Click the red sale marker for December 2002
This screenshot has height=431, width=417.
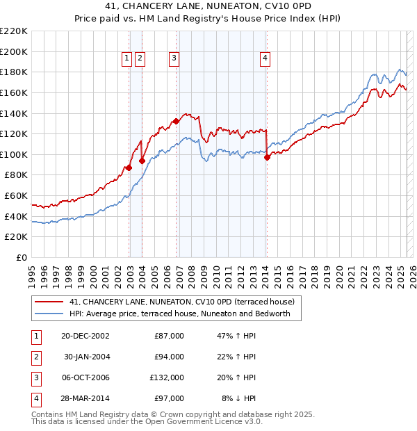pos(129,168)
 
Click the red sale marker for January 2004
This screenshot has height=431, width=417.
pos(142,161)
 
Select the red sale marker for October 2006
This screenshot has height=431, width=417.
pos(176,121)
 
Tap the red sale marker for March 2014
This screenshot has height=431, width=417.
pos(267,157)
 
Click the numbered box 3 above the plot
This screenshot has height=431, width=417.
pos(174,59)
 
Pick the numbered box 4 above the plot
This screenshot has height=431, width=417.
pos(265,59)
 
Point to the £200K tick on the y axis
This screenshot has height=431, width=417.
pos(15,51)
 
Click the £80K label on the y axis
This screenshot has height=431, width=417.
pos(17,175)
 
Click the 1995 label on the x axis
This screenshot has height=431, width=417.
pos(32,271)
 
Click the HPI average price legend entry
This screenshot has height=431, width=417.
pos(184,314)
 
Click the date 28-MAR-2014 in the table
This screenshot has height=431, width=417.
pos(85,399)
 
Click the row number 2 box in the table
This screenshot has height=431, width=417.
pos(35,357)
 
